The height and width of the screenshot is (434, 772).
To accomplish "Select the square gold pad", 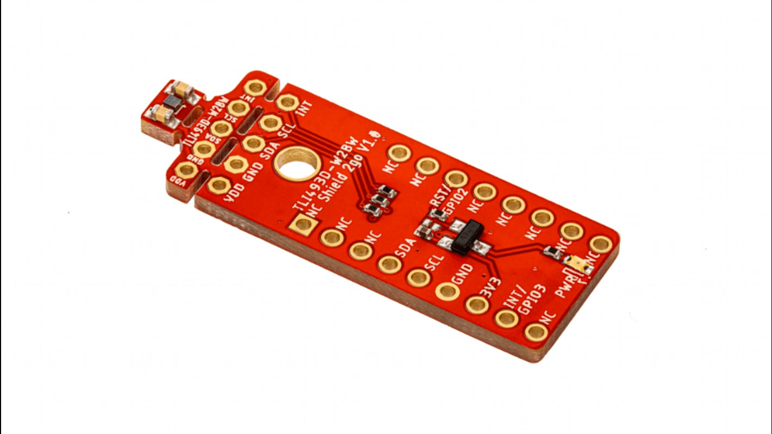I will pos(300,224).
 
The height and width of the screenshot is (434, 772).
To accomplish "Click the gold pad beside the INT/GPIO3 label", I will pos(507,318).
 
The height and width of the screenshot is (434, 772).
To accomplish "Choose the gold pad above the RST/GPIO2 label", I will pos(456,178).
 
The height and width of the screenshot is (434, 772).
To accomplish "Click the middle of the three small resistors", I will pos(380,200).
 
